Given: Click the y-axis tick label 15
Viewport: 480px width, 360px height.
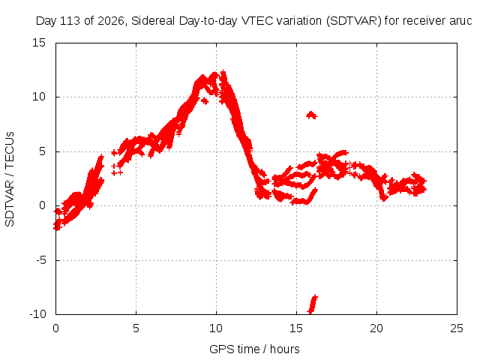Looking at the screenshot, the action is [39, 43].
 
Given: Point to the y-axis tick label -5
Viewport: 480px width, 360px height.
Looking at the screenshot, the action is [41, 260].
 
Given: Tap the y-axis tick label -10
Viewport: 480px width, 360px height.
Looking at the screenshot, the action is [37, 314].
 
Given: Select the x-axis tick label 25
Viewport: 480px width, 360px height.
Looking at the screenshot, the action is [457, 328].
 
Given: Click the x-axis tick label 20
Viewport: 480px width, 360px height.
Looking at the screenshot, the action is [376, 328].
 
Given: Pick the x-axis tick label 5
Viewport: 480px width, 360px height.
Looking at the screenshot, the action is [136, 328].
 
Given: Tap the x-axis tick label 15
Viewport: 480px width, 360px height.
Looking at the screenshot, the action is [296, 328].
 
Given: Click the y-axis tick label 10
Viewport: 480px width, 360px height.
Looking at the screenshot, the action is [39, 97].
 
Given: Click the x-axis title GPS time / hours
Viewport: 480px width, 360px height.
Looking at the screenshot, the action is [254, 349].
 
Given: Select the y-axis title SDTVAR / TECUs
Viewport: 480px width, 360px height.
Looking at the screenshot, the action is [10, 179].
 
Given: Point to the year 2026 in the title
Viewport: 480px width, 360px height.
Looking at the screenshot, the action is [110, 21].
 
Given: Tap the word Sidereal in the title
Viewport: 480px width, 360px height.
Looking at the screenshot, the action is [153, 21].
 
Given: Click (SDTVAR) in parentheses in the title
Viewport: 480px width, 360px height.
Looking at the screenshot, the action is [353, 21].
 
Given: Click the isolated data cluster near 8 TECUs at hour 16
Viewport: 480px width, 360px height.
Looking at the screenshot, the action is [312, 115].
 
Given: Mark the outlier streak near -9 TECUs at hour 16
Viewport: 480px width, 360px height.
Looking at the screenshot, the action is [313, 304].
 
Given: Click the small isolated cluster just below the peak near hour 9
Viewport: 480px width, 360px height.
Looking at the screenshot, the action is [204, 100].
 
